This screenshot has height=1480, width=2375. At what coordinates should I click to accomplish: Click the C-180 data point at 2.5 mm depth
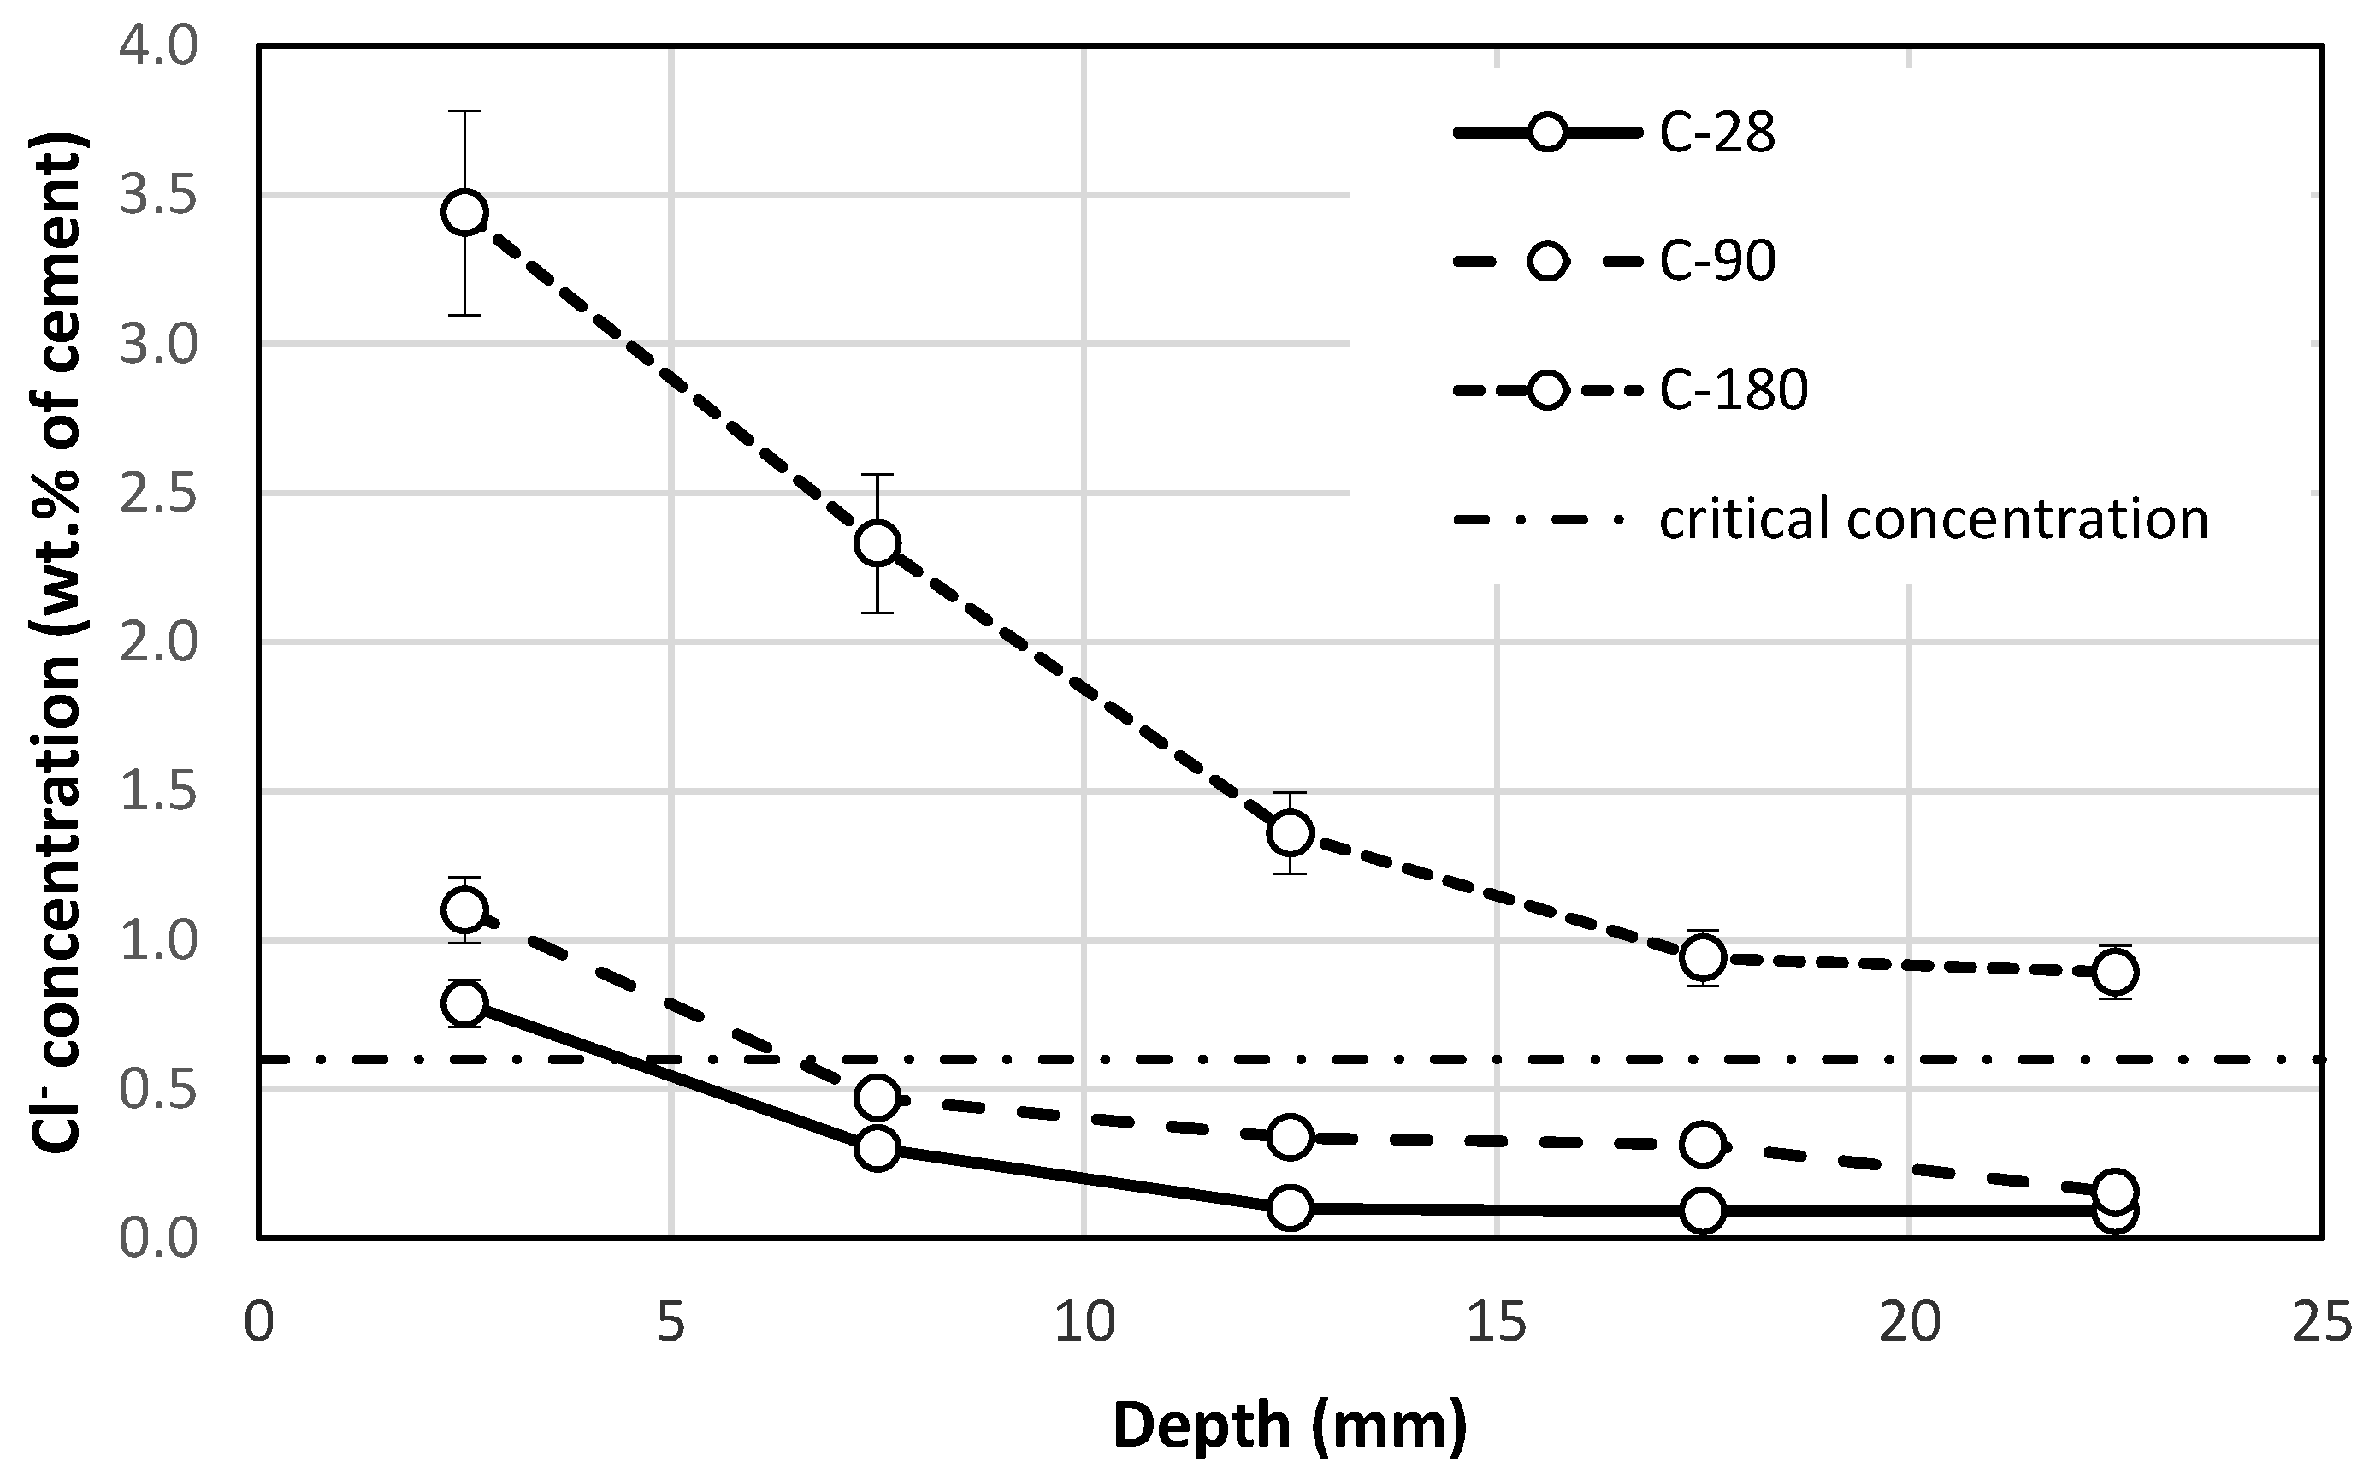[x=465, y=212]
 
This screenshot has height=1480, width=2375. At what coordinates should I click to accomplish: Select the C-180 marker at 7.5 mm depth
[x=877, y=543]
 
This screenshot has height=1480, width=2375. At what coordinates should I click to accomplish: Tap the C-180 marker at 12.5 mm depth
[x=1291, y=833]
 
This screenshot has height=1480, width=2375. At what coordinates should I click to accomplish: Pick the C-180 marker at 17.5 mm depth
[x=1703, y=957]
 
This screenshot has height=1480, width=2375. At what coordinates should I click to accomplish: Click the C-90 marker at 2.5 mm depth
[x=465, y=910]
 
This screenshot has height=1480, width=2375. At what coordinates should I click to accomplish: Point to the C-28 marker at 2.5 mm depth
[x=465, y=1003]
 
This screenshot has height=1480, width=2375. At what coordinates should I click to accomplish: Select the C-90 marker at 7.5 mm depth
[x=877, y=1098]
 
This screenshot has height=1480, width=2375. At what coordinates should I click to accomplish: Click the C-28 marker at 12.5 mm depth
[x=1291, y=1208]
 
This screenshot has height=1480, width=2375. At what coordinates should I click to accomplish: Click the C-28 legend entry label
[x=1717, y=133]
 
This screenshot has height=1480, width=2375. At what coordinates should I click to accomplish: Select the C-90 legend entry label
[x=1717, y=261]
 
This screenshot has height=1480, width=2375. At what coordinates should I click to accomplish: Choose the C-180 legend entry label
[x=1733, y=391]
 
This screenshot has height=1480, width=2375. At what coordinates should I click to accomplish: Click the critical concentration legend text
[x=1934, y=518]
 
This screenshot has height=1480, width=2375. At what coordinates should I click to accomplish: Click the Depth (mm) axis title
[x=1290, y=1425]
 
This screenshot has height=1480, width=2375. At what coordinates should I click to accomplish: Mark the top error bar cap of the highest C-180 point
[x=465, y=111]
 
